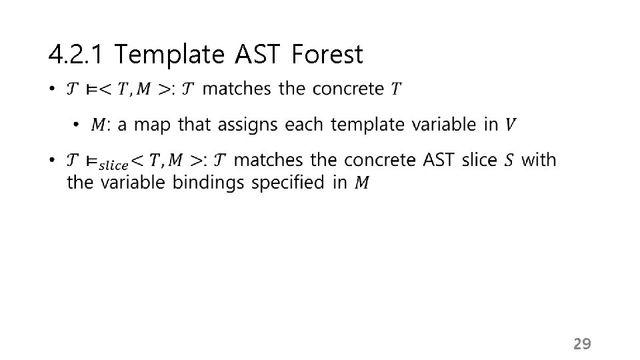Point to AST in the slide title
[261, 55]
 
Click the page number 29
[582, 344]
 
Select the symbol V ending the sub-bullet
[510, 125]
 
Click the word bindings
[209, 182]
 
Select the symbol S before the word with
[509, 160]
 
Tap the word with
[539, 160]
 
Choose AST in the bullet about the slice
[440, 160]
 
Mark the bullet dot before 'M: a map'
[76, 125]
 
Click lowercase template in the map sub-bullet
[364, 125]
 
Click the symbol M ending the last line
[361, 182]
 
